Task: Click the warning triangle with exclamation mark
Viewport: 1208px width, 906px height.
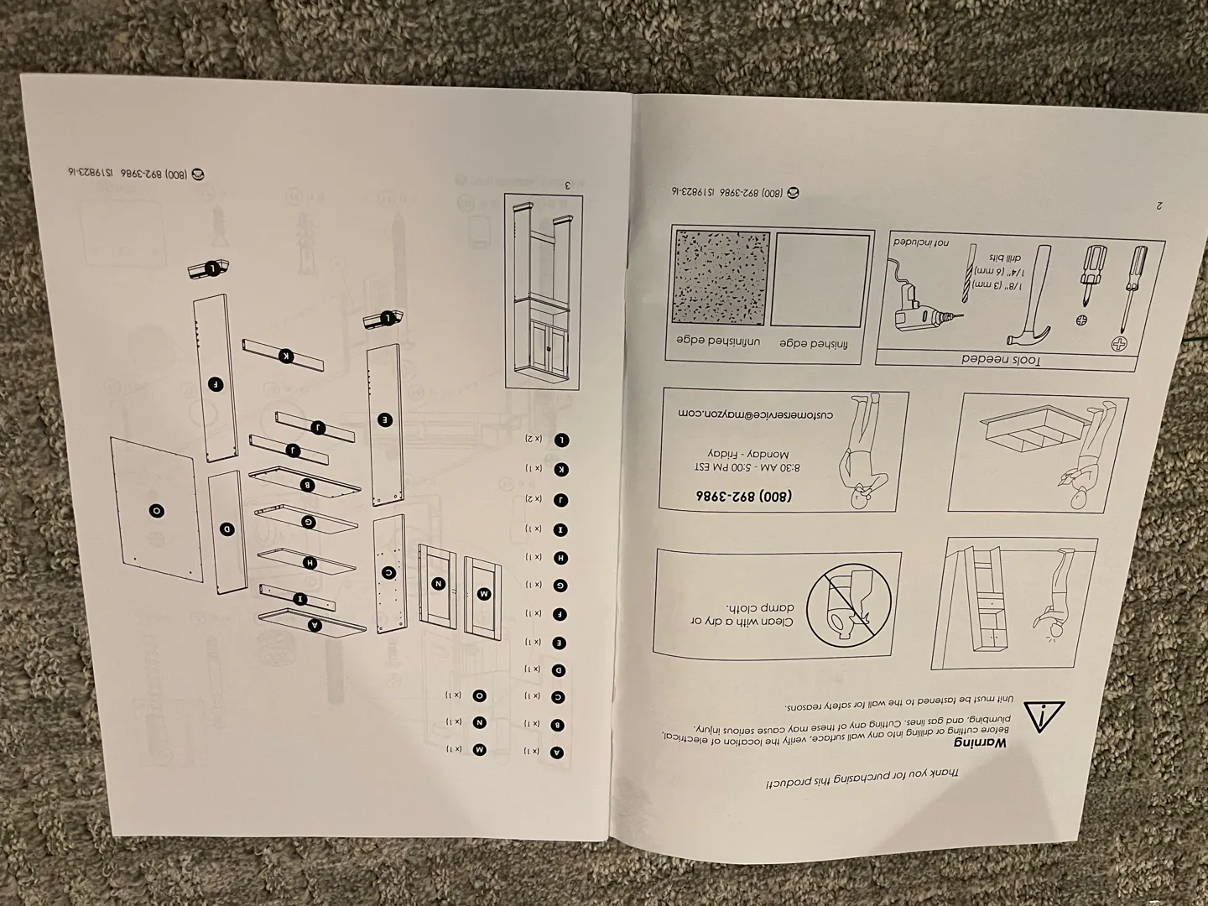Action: tap(1042, 716)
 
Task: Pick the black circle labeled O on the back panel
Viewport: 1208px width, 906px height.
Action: tap(157, 510)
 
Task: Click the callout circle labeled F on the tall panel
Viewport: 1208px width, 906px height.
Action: tap(216, 384)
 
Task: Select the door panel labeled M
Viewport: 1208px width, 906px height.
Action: tap(482, 592)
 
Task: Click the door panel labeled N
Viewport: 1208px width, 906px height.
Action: tap(438, 583)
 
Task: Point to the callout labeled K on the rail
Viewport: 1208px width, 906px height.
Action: tap(287, 356)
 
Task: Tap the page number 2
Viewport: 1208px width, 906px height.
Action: tap(1159, 204)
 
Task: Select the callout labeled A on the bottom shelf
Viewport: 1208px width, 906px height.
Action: tap(315, 624)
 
